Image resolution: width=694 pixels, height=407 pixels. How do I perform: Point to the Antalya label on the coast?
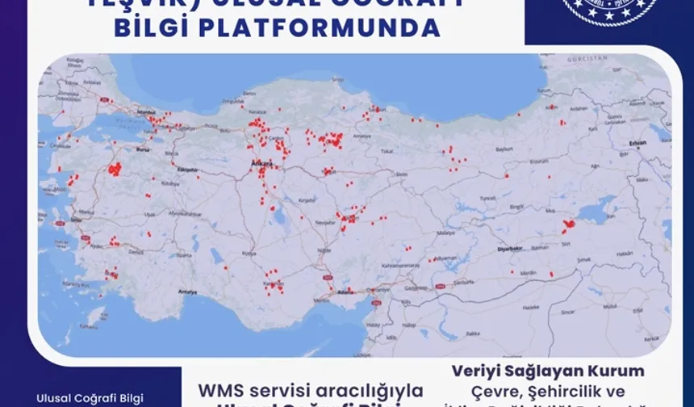187,291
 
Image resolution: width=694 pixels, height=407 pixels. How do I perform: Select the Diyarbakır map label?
509,250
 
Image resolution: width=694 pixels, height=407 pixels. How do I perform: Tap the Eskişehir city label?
187,170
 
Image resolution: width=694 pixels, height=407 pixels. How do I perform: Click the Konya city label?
249,254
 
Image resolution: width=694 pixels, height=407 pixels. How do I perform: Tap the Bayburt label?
504,149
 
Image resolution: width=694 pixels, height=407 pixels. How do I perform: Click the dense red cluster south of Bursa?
115,169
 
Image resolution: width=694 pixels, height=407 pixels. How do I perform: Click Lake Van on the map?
598,212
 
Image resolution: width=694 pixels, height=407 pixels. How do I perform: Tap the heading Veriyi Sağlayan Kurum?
548,371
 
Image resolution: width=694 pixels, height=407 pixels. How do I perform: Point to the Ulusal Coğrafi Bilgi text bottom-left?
90,398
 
